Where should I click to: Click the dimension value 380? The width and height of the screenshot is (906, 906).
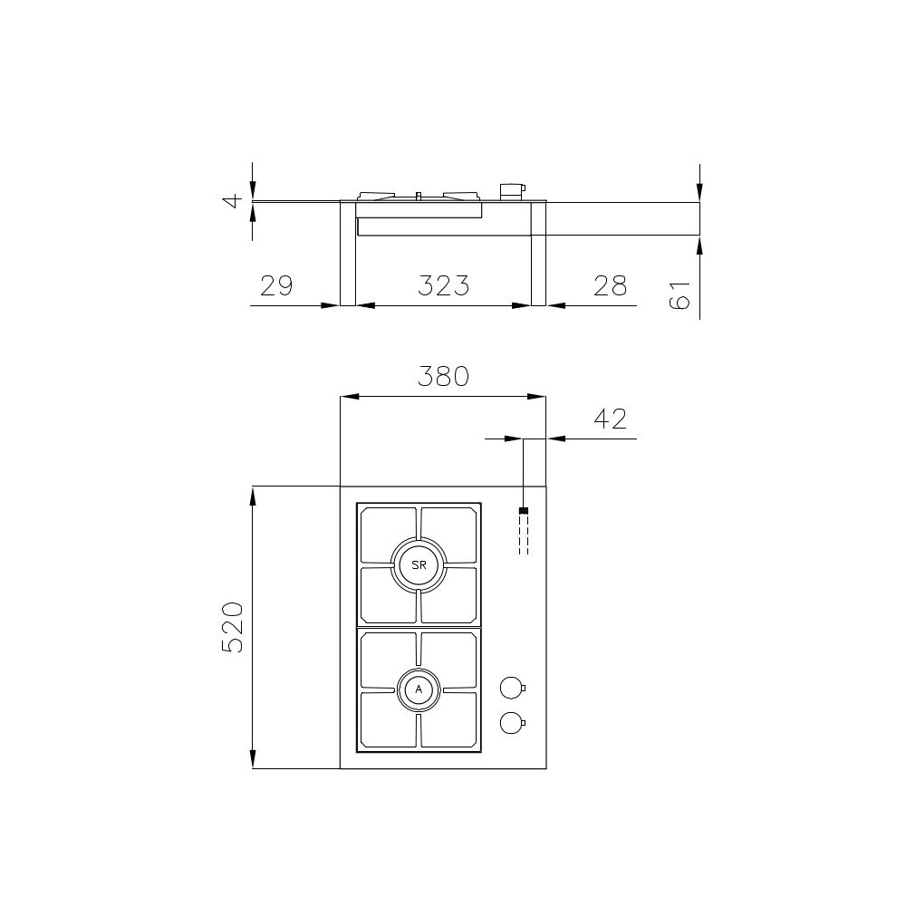click(x=442, y=376)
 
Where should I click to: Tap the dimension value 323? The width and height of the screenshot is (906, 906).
click(x=443, y=285)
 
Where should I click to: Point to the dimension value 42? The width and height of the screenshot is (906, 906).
click(x=610, y=419)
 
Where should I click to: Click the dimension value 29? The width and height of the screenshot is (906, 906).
click(x=276, y=285)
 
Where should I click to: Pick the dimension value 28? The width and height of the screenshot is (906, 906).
click(x=610, y=285)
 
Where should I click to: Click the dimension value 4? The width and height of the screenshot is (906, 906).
click(x=233, y=200)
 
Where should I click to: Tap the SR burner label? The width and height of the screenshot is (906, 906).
click(x=419, y=564)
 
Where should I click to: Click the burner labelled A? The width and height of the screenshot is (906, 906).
click(x=419, y=689)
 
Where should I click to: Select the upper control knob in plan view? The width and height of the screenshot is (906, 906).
click(x=512, y=689)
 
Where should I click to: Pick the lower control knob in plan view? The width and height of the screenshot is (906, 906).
click(x=512, y=722)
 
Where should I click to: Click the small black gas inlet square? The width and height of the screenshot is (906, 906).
click(x=523, y=511)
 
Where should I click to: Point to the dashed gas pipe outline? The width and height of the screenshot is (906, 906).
click(x=523, y=535)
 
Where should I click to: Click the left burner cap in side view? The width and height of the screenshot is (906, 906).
click(x=376, y=196)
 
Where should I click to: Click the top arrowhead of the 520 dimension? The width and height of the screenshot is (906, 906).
click(x=253, y=493)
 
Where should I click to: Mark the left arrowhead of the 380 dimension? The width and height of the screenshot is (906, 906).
click(x=346, y=396)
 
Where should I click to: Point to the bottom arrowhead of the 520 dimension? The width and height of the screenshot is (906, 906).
click(x=253, y=762)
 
